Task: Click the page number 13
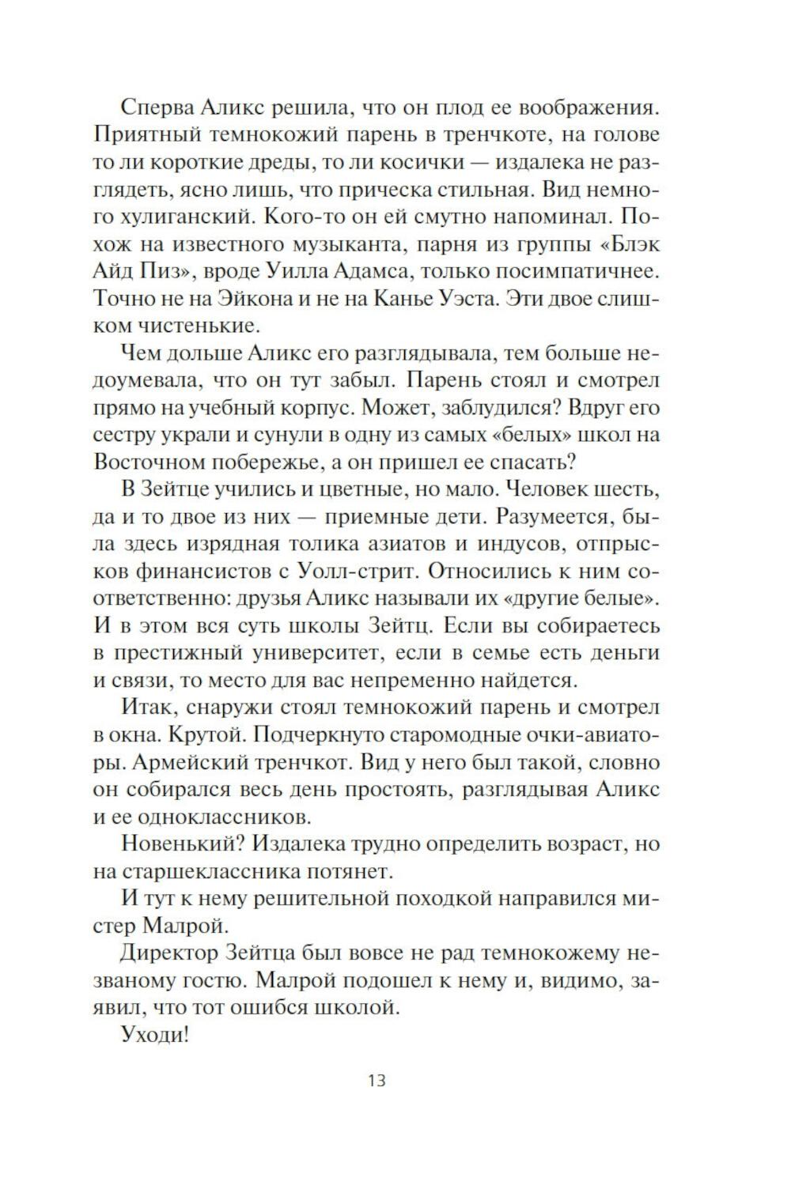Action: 377,1080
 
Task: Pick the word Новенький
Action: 179,843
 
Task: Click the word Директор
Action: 172,953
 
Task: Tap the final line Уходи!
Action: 155,1034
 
